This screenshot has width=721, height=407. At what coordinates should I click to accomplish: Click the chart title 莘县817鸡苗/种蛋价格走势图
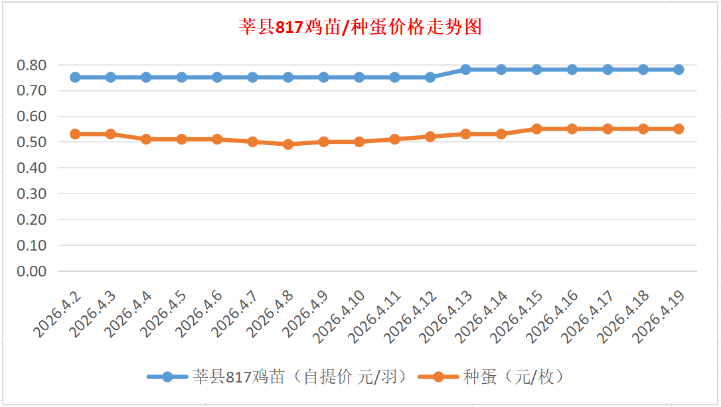click(x=360, y=28)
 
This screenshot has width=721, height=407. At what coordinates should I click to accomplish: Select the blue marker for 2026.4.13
click(x=465, y=70)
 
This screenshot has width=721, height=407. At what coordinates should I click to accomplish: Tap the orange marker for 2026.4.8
click(x=288, y=144)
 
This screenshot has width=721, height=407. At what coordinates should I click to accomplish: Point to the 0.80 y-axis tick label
click(x=31, y=65)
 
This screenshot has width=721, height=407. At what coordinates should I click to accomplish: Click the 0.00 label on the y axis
click(x=31, y=271)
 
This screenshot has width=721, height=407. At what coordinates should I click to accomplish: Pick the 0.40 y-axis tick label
click(x=31, y=168)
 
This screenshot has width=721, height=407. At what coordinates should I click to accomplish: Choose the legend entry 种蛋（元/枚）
click(x=514, y=377)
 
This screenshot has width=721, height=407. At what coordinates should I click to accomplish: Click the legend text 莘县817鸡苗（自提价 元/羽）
click(x=299, y=377)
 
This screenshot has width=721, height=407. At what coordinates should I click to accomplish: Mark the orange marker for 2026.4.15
click(x=536, y=129)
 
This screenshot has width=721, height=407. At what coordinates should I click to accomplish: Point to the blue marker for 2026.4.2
click(x=75, y=77)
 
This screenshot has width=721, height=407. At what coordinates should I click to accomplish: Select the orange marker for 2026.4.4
click(x=146, y=139)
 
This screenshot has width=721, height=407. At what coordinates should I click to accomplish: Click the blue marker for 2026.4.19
click(x=679, y=70)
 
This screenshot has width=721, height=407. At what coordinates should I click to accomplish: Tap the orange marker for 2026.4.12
click(x=430, y=137)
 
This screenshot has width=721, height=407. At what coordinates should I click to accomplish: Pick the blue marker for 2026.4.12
click(x=430, y=77)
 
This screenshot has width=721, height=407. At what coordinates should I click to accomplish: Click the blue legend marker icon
click(x=167, y=377)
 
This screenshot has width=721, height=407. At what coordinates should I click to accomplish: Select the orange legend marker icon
click(x=438, y=377)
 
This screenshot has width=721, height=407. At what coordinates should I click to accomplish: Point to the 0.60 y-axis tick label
click(x=31, y=117)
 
